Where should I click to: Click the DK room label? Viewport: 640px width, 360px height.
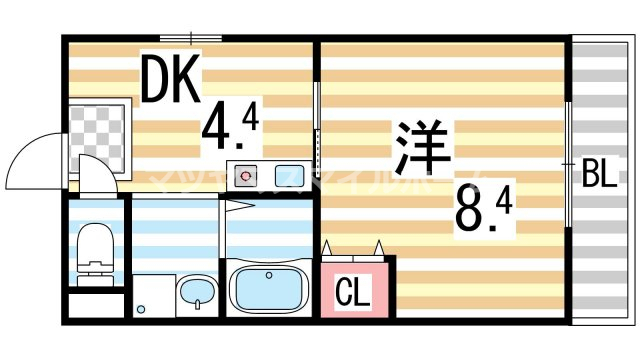171,80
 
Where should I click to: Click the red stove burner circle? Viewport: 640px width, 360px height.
247,176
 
